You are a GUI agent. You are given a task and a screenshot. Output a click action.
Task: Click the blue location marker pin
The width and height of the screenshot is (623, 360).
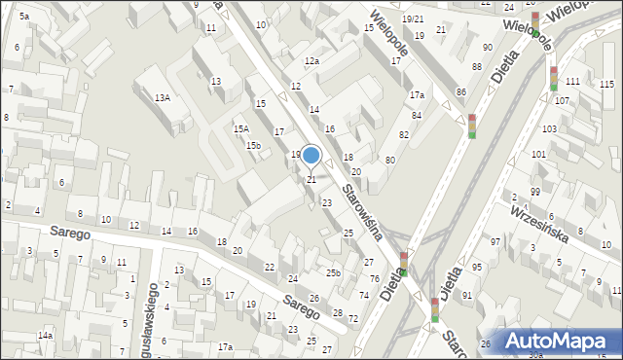[x=311, y=156]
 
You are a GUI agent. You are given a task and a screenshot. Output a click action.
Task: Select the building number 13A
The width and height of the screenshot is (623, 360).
[x=163, y=97]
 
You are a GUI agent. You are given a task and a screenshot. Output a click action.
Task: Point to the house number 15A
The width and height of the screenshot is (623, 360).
[x=240, y=128]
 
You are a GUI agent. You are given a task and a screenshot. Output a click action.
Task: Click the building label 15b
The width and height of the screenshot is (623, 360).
[x=253, y=146]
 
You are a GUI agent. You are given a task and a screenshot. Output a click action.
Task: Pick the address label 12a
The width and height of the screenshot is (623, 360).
[x=311, y=61]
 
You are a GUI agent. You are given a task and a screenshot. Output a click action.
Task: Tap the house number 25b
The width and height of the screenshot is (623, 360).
[x=333, y=273]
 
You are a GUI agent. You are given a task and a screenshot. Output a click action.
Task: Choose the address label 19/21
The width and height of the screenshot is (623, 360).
[x=413, y=19]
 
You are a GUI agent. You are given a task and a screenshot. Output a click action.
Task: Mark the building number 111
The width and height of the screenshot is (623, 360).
[x=573, y=82]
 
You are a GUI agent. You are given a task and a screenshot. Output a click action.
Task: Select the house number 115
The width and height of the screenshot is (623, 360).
[x=607, y=85]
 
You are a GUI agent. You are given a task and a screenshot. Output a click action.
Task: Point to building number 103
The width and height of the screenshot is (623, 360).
[x=550, y=129]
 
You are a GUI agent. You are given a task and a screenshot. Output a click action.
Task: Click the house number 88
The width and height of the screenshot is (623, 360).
[x=476, y=66]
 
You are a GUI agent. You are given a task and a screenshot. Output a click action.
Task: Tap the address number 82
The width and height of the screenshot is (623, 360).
[x=403, y=134]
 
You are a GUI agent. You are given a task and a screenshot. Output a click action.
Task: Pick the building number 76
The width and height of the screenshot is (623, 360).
[x=374, y=279]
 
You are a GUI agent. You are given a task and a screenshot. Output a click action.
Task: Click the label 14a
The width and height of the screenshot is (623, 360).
[x=45, y=336]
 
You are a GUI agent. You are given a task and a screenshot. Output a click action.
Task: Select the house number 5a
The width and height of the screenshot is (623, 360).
[x=23, y=17]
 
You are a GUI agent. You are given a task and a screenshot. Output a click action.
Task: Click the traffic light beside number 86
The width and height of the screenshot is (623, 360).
[x=472, y=126]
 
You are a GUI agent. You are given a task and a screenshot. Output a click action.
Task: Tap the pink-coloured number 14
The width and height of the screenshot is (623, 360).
[x=314, y=110]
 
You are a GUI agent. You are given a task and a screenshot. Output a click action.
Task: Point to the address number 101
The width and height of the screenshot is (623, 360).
[x=538, y=155]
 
